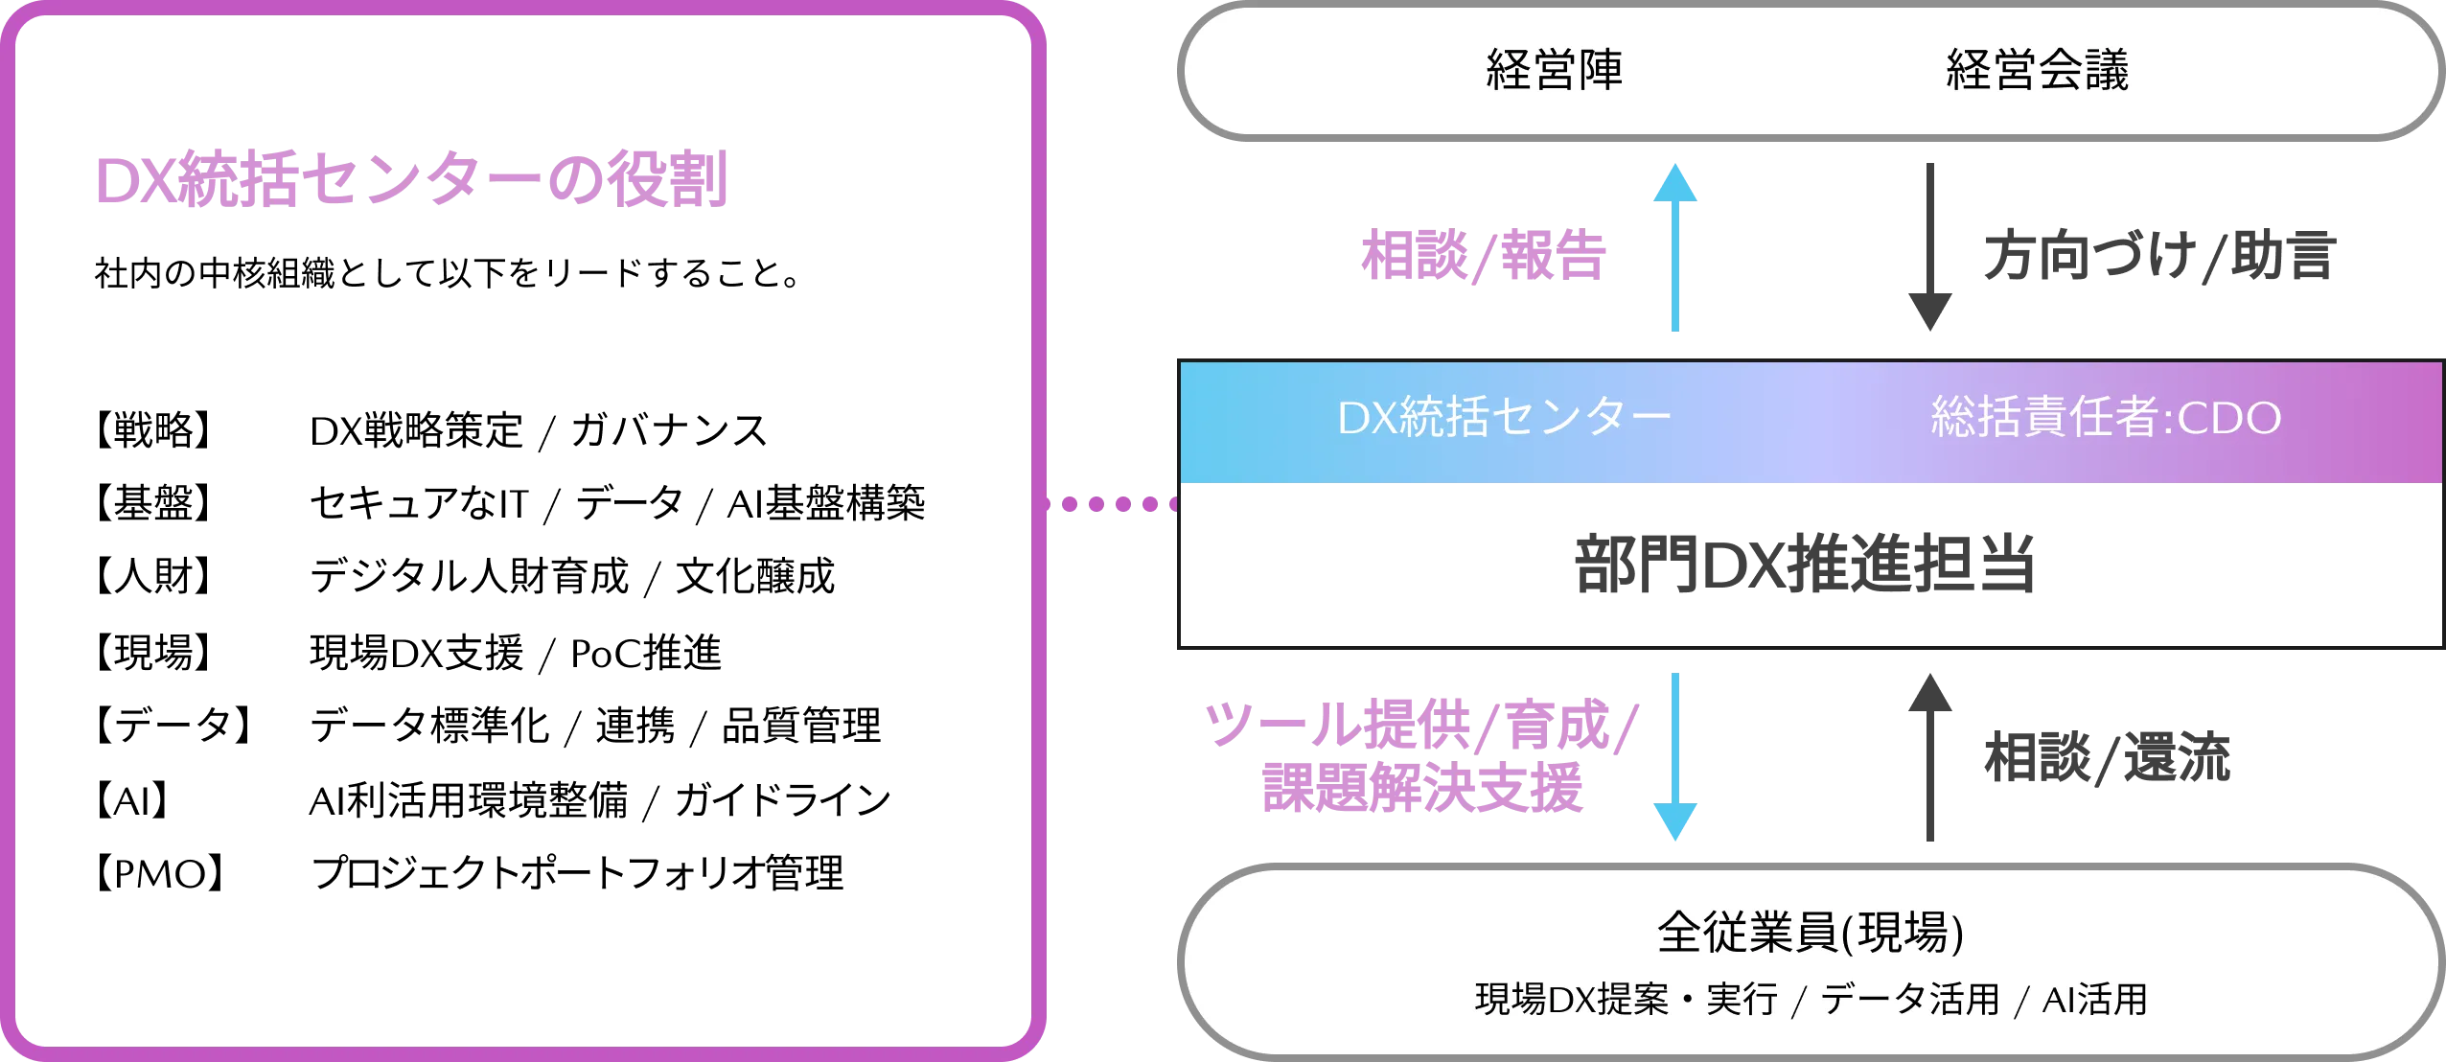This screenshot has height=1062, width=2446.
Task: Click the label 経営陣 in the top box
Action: click(1554, 71)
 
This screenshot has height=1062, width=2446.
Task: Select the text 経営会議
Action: click(2037, 71)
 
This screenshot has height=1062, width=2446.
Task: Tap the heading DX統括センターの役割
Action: click(410, 180)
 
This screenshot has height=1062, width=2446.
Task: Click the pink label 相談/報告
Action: click(1482, 256)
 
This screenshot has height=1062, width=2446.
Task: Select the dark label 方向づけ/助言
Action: click(2156, 257)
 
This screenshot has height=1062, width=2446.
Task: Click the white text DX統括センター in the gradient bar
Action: click(1504, 418)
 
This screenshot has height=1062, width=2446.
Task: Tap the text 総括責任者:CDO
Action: click(2106, 418)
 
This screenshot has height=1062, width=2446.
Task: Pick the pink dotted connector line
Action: click(1116, 502)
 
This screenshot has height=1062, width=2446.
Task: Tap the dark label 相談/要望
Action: click(2105, 757)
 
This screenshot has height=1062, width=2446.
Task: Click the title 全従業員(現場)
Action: click(1810, 932)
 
